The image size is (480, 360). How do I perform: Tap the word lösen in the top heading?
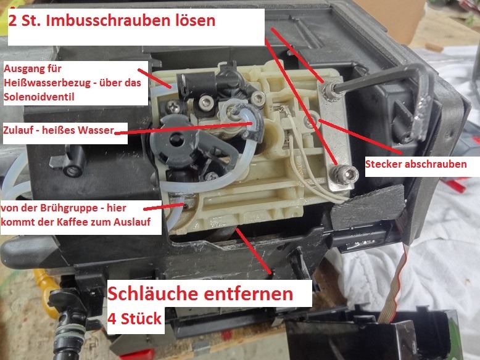point(194,20)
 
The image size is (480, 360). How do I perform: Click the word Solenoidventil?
point(39,97)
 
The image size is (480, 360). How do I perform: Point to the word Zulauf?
point(19,130)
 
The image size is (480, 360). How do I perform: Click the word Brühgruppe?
point(68,208)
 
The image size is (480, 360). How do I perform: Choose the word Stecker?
point(383,164)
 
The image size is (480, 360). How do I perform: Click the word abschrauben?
point(436,164)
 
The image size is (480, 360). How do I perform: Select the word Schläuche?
point(153,293)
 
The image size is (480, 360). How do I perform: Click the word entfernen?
point(248,294)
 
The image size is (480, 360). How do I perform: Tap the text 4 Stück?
point(134,319)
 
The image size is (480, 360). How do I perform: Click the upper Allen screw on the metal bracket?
point(329,89)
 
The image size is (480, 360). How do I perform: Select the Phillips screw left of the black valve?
point(173,107)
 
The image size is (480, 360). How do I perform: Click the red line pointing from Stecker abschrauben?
point(360,136)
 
